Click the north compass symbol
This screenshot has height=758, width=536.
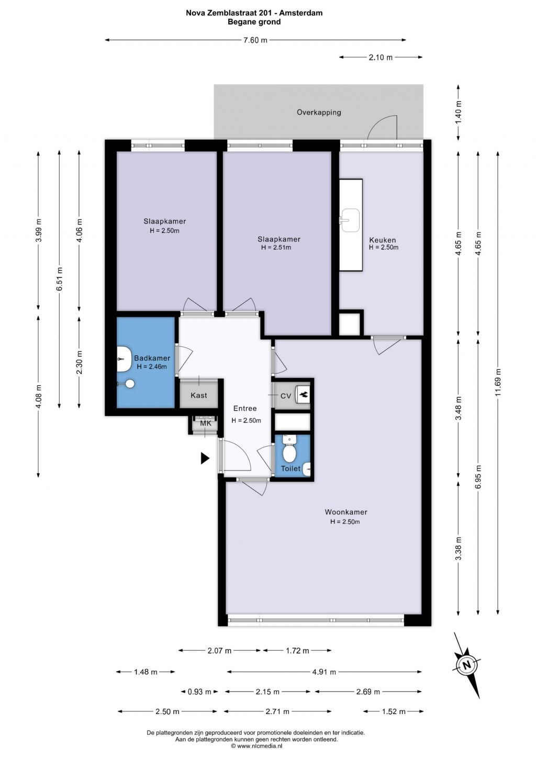(x=467, y=664)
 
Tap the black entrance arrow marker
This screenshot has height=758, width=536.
(x=205, y=458)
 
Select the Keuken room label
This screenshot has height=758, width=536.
(x=383, y=240)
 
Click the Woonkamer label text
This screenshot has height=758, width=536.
(x=346, y=512)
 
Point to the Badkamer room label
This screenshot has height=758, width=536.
(x=152, y=358)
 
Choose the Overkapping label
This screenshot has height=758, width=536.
(x=319, y=113)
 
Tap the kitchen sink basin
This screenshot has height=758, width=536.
(x=350, y=220)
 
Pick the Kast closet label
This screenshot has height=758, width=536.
(x=198, y=395)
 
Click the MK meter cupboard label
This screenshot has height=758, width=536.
(x=206, y=423)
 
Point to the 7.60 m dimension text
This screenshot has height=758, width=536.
(x=255, y=40)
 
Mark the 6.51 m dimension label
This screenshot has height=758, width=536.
(x=60, y=279)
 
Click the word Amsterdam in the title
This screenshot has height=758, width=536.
(x=301, y=13)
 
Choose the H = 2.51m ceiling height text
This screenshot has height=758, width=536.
(x=276, y=248)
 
